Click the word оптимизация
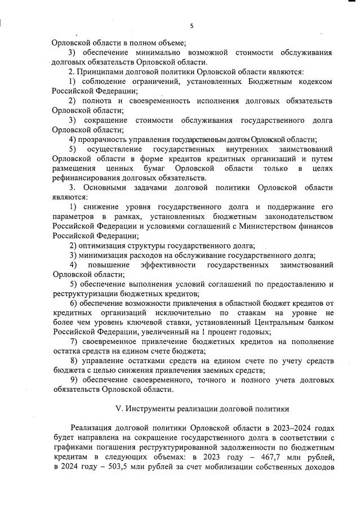pos(105,245)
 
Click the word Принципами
pos(100,72)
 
